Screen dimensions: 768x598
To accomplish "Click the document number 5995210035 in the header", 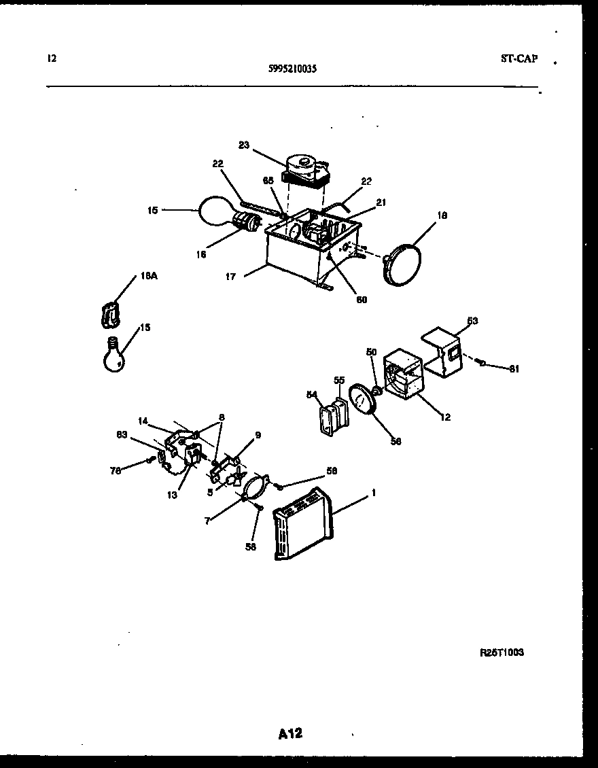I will pyautogui.click(x=292, y=69).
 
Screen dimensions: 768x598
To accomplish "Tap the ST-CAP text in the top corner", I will pyautogui.click(x=518, y=59).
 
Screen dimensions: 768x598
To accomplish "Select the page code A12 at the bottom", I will pyautogui.click(x=290, y=733).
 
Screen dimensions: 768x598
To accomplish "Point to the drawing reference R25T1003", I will pyautogui.click(x=502, y=652).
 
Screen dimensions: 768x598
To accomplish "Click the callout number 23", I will pyautogui.click(x=245, y=144).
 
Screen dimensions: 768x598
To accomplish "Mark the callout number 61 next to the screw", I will pyautogui.click(x=514, y=369).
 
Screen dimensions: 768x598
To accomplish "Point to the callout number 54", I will pyautogui.click(x=312, y=394).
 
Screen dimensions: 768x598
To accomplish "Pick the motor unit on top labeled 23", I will pyautogui.click(x=306, y=170).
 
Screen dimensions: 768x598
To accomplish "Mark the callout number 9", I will pyautogui.click(x=258, y=435).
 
